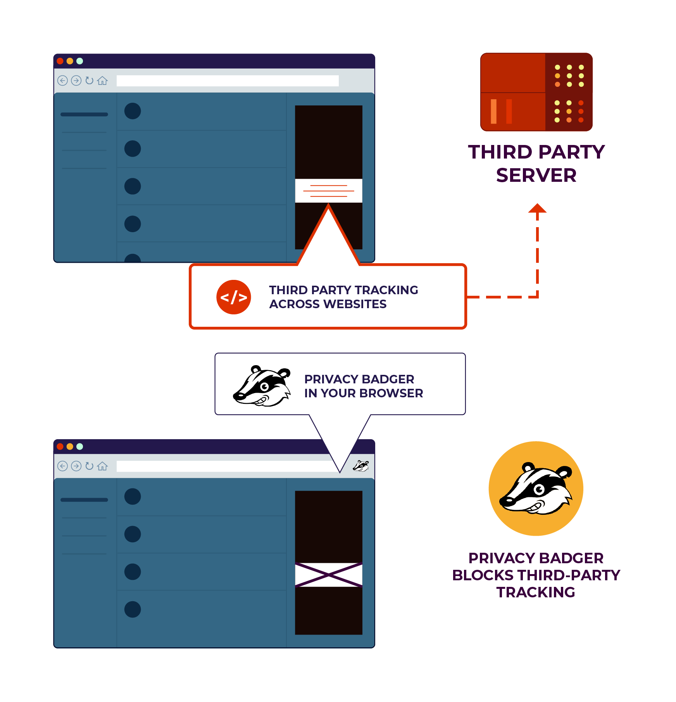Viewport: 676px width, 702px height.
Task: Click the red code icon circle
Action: (x=233, y=297)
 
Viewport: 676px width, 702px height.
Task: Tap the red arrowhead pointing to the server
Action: (x=537, y=209)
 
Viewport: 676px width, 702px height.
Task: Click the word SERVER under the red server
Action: (x=536, y=175)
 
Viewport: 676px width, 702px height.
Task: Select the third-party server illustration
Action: (x=536, y=92)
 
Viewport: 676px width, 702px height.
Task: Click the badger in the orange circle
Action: (x=536, y=488)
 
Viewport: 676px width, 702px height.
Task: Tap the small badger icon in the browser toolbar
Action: (x=361, y=466)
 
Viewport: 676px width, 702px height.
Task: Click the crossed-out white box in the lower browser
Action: (x=328, y=574)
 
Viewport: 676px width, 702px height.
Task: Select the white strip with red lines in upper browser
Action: (x=328, y=191)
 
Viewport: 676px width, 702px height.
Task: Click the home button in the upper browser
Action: (x=102, y=81)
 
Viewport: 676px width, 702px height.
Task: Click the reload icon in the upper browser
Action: (x=90, y=81)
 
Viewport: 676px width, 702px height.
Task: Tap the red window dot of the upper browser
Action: (x=60, y=61)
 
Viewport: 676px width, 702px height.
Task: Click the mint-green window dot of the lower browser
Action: (x=80, y=446)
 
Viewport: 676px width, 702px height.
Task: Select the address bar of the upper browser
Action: (x=228, y=81)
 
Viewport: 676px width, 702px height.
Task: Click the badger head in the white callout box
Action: (x=262, y=386)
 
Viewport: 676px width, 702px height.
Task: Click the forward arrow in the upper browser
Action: (x=76, y=81)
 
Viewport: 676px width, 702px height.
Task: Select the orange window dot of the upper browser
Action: (x=70, y=61)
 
